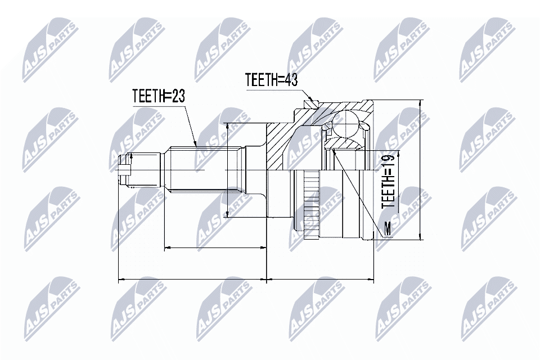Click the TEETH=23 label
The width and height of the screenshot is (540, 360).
pos(158,96)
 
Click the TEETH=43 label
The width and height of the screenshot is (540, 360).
pos(271,80)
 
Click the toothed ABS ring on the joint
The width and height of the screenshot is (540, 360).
pos(310,202)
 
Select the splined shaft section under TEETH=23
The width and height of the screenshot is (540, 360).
pos(205,169)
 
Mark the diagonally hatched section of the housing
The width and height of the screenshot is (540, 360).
pos(281,143)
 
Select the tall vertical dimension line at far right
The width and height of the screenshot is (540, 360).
pos(420,169)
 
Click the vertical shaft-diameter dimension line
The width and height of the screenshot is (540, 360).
pos(227,169)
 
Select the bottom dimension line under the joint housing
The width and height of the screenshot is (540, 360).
pos(321,278)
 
